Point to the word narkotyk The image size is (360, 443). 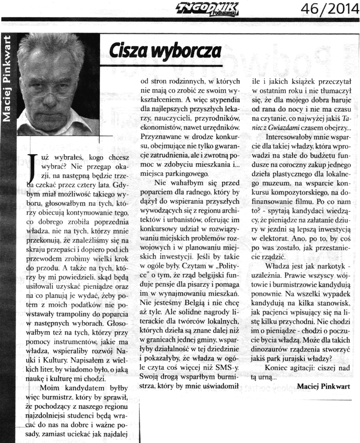(x=332, y=265)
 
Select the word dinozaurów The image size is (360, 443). (x=273, y=349)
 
